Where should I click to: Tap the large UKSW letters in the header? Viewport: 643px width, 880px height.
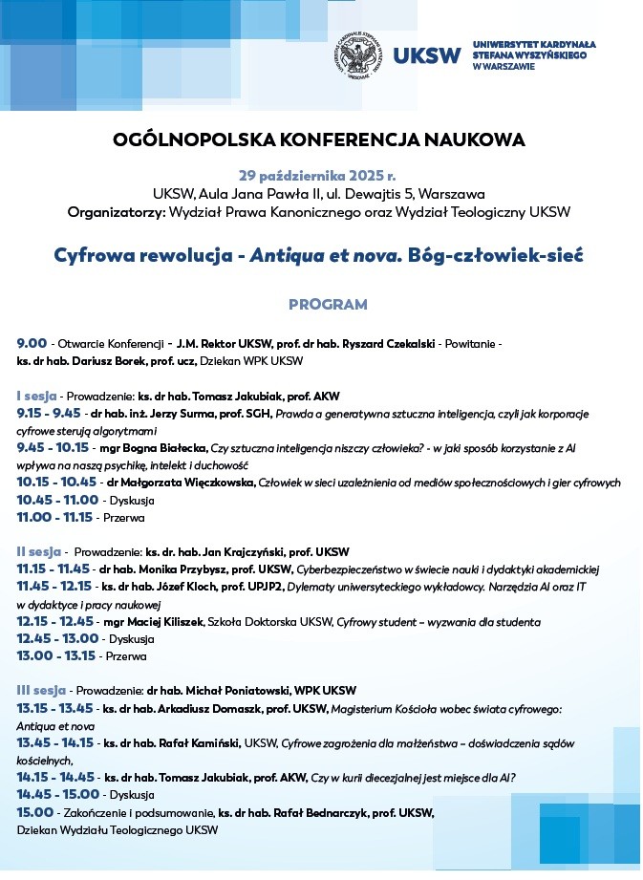coord(425,55)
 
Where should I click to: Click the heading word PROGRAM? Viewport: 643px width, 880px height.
coord(328,305)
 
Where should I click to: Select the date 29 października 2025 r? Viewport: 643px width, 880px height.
coord(317,176)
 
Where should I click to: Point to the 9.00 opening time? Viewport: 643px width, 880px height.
coord(32,343)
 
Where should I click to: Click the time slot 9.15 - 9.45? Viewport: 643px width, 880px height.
coord(49,414)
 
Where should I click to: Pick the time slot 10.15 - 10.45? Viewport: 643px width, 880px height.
coord(56,483)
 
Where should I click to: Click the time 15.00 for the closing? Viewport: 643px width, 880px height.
coord(34,812)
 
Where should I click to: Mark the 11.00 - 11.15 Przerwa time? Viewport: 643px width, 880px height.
coord(55,517)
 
